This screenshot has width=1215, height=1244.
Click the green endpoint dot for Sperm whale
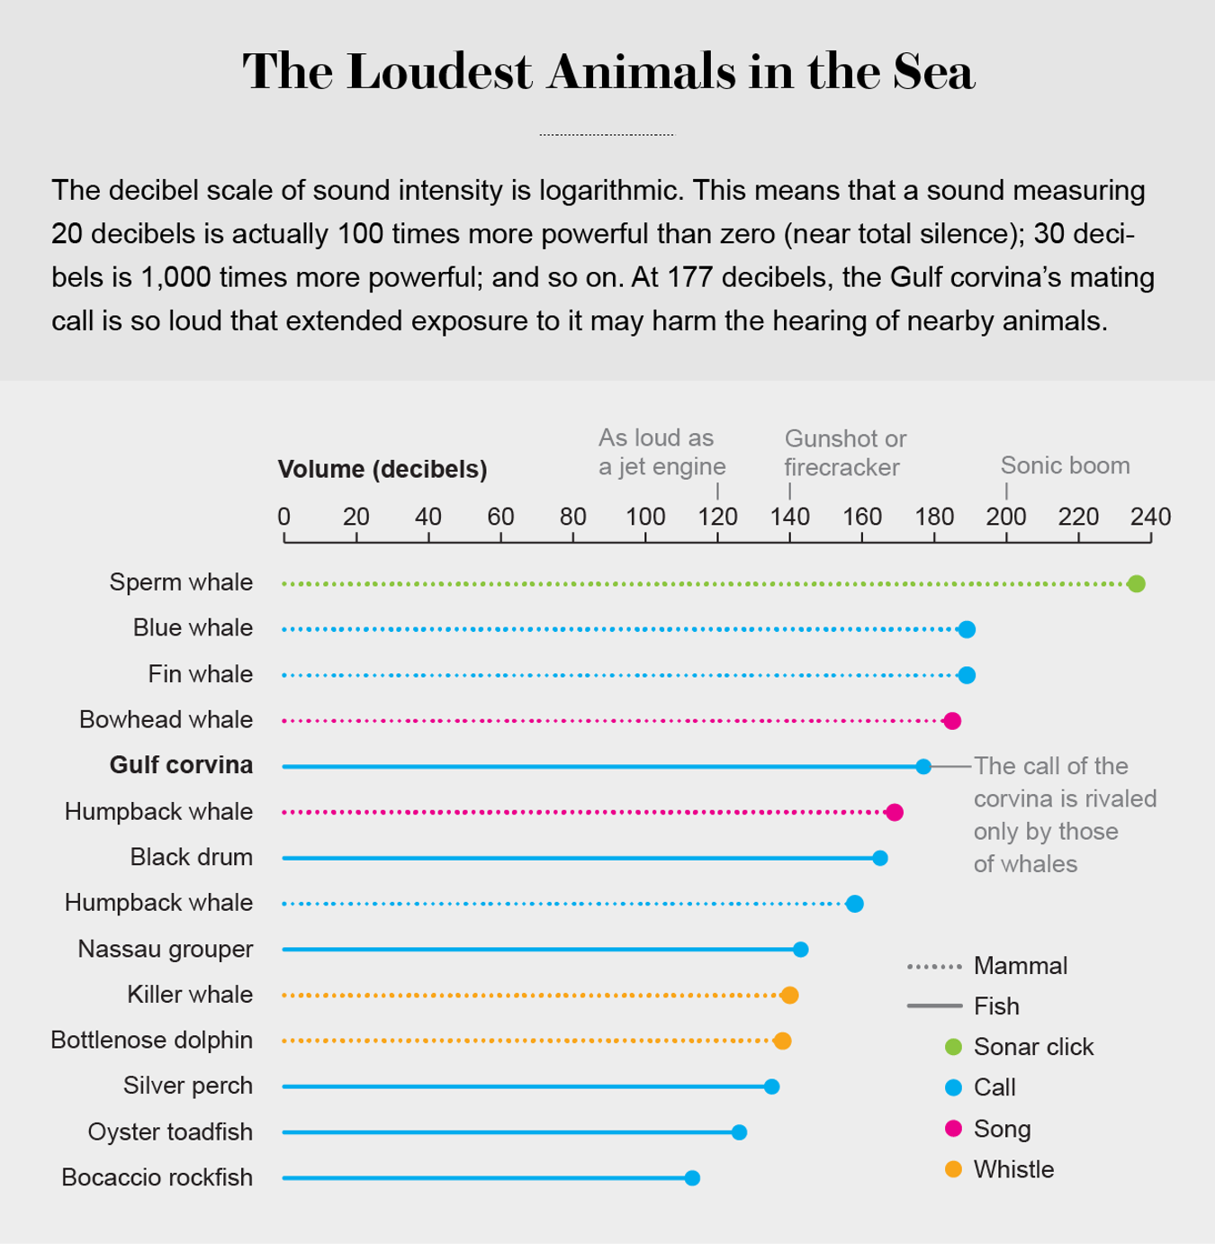[1136, 584]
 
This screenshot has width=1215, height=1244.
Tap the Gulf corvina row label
[181, 765]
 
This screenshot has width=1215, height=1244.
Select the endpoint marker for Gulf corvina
[923, 767]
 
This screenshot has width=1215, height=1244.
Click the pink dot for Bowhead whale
[952, 721]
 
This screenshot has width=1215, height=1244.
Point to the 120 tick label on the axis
[717, 517]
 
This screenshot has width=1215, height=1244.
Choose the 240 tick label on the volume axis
[1150, 517]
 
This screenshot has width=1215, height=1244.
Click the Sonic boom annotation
[1065, 465]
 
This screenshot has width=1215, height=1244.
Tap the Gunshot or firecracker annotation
[844, 453]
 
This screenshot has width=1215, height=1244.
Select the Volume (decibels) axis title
[382, 469]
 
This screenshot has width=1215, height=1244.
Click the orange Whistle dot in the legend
[953, 1169]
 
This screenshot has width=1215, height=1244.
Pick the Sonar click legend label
[1033, 1047]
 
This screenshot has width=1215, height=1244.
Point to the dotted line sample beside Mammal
[934, 967]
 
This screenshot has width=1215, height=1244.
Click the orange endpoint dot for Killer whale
[789, 996]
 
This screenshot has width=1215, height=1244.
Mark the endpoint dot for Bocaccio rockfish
[692, 1178]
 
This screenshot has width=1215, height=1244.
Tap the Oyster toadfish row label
[170, 1131]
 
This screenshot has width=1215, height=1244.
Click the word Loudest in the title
[439, 72]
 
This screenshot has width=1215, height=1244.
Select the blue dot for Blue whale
[967, 630]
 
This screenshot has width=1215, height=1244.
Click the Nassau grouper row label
[166, 949]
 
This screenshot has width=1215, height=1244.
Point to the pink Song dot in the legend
[953, 1129]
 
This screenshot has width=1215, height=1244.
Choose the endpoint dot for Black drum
[880, 859]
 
